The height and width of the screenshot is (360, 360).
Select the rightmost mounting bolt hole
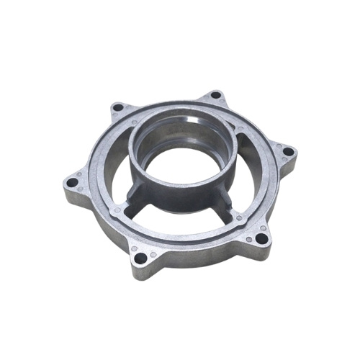(x=289, y=153)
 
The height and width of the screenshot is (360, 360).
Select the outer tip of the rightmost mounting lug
(x=297, y=152)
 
